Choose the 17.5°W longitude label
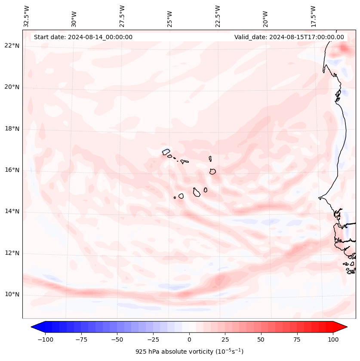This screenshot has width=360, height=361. [313, 16]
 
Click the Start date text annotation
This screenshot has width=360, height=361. [83, 37]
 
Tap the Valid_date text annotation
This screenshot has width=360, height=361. [289, 37]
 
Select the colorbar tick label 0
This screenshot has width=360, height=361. [189, 339]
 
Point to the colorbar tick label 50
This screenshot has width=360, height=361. [261, 339]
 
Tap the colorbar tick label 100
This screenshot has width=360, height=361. [333, 339]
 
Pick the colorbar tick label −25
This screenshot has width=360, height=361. [153, 339]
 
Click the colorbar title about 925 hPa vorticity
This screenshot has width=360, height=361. [189, 352]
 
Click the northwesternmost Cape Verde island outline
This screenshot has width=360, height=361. [166, 151]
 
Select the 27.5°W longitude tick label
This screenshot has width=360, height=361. [122, 16]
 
